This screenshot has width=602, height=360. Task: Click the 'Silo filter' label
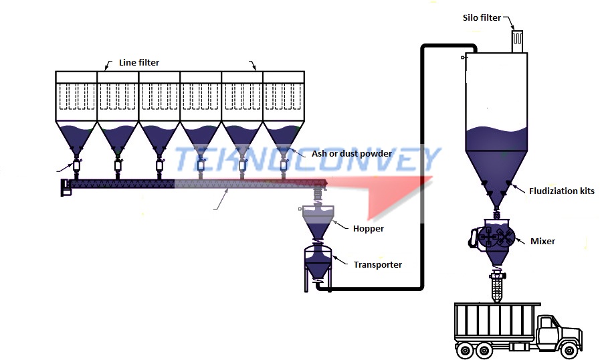(482, 17)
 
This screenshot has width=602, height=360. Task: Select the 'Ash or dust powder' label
(351, 154)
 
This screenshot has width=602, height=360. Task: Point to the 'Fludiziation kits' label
(561, 191)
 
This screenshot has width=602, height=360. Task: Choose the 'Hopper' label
(369, 228)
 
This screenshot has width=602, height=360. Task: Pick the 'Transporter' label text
(378, 264)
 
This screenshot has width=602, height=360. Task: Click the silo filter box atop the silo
(517, 41)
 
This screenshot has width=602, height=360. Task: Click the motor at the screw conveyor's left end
(66, 187)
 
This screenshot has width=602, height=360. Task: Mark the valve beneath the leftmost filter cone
(76, 165)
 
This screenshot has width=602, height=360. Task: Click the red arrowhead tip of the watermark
(431, 180)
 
